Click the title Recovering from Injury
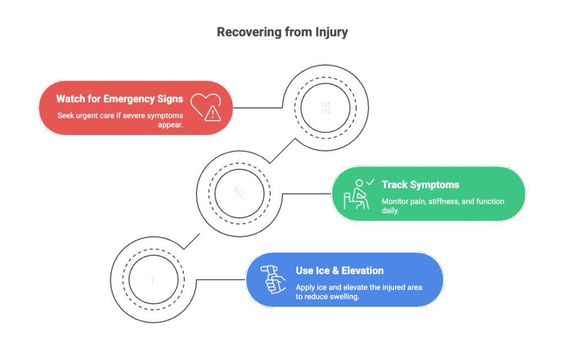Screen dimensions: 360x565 coord(282,32)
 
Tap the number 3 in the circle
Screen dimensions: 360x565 coord(325,108)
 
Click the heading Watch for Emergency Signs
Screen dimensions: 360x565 coord(119,99)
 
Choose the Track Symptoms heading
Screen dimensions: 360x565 coord(420,185)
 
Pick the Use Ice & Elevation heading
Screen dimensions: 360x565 coord(339,271)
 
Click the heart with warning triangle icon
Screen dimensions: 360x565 coord(206,106)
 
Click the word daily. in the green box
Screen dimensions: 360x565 coord(390,211)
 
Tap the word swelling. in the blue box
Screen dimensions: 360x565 coord(344,297)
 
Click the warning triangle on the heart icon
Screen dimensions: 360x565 coord(212,114)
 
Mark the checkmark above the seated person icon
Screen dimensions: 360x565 coord(370,181)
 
